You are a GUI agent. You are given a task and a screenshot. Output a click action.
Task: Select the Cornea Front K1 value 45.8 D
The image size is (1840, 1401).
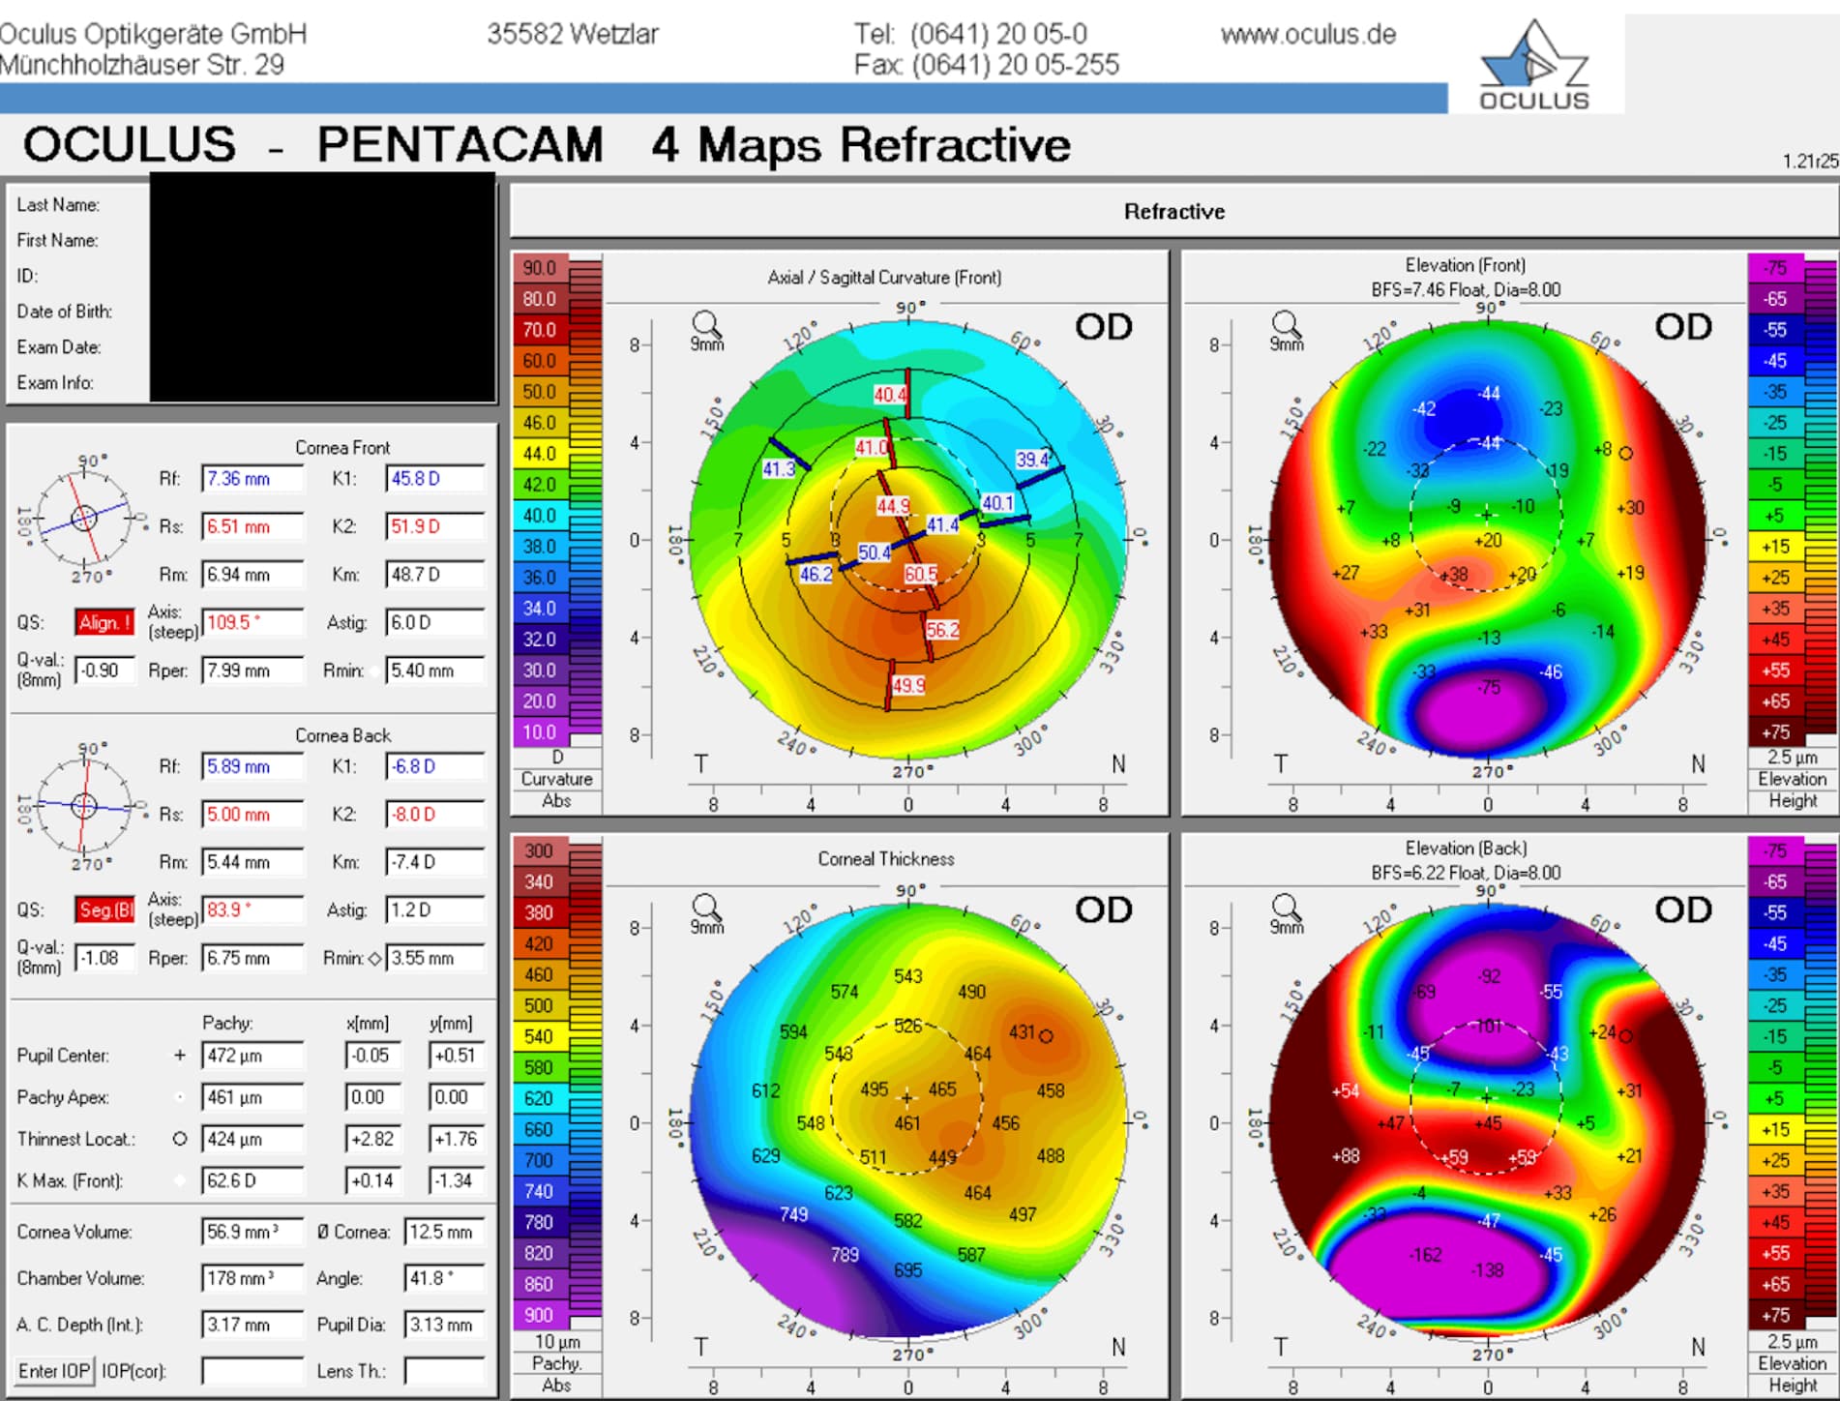click(x=434, y=478)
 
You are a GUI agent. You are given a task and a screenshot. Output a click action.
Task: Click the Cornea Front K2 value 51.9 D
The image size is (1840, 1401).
click(x=434, y=526)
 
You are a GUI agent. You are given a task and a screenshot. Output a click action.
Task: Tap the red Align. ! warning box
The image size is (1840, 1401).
click(x=104, y=622)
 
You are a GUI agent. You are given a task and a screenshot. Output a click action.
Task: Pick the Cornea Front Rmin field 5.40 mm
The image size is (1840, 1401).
click(x=434, y=671)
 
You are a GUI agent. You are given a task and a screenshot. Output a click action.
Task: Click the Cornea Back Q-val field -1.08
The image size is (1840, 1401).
click(x=104, y=958)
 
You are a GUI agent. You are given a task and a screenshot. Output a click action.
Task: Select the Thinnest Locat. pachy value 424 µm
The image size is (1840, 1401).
click(x=252, y=1139)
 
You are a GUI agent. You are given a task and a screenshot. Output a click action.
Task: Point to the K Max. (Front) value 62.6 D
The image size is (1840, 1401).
click(x=252, y=1180)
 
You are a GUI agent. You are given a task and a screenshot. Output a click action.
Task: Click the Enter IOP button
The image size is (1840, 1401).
click(x=54, y=1371)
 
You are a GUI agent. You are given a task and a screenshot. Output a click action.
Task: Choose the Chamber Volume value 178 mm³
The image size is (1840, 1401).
click(x=252, y=1278)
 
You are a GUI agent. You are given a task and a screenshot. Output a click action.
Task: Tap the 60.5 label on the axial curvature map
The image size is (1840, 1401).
click(x=921, y=574)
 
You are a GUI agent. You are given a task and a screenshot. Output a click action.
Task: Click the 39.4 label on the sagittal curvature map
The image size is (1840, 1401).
click(x=1032, y=460)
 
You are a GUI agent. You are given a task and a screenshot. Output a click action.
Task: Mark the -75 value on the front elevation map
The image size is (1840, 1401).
click(x=1489, y=687)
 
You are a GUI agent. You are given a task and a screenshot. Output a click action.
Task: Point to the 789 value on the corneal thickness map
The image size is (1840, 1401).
click(x=845, y=1254)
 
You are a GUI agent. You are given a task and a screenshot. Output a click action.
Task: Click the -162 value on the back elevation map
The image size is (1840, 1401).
click(x=1426, y=1255)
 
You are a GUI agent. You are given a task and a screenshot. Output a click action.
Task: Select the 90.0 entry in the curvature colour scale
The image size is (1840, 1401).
click(x=540, y=268)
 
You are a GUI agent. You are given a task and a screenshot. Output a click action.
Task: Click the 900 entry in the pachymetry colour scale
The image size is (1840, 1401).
click(x=540, y=1315)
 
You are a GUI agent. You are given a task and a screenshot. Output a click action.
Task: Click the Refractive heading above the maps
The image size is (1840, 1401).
click(x=1173, y=211)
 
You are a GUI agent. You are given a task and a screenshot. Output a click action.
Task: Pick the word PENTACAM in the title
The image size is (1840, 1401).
click(x=460, y=145)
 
